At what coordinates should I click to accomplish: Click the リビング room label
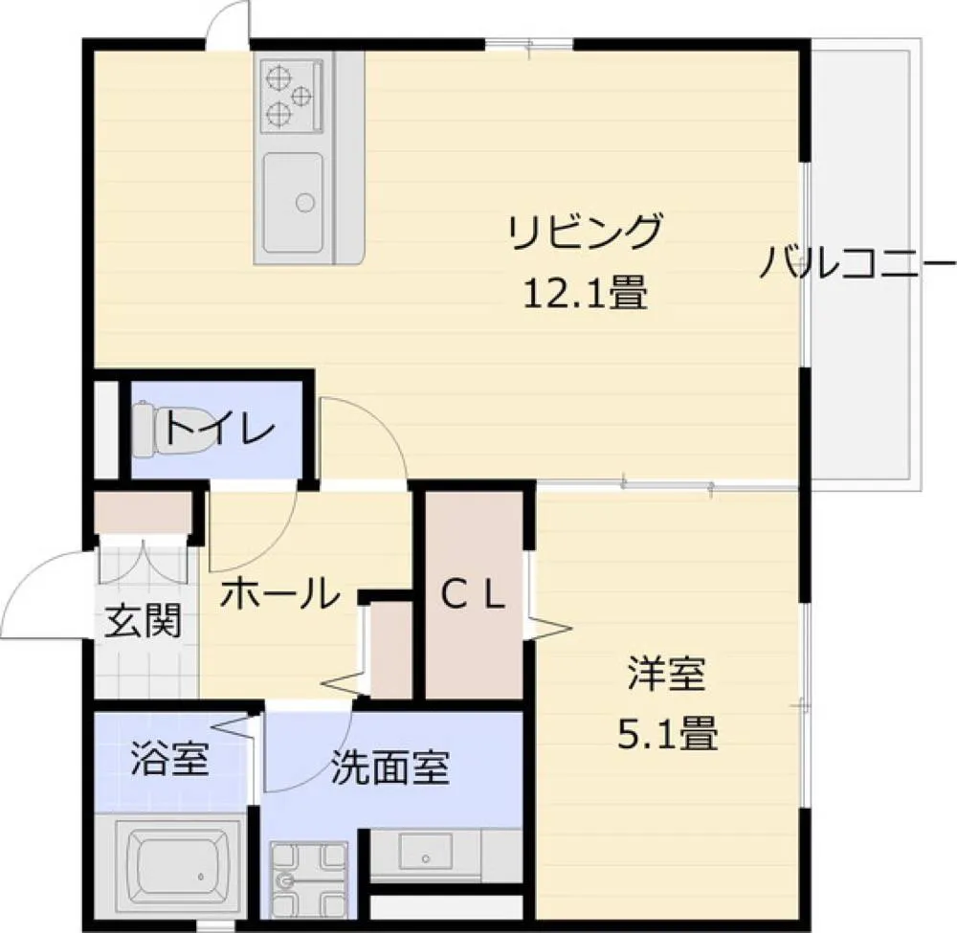(x=586, y=232)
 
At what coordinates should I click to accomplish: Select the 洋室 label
(x=668, y=674)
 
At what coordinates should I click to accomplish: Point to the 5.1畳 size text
(x=668, y=733)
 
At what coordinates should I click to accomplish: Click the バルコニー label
(x=857, y=262)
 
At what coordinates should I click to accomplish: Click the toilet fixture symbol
(x=160, y=429)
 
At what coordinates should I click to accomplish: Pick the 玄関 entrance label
(x=144, y=621)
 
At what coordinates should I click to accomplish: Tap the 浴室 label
(x=170, y=759)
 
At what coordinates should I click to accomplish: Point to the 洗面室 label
(x=390, y=767)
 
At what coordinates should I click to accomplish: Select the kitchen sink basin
(x=293, y=202)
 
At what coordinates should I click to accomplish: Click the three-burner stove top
(x=292, y=96)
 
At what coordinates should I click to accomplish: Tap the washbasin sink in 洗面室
(x=426, y=852)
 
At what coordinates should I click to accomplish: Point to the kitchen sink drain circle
(x=305, y=202)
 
